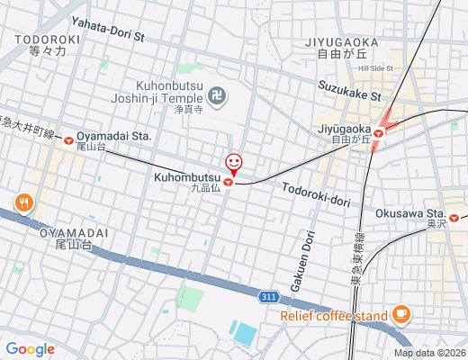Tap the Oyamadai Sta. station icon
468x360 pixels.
[69, 139]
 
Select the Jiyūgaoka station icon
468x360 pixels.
[379, 132]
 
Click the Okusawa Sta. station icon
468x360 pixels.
[455, 217]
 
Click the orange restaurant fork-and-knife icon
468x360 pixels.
[23, 202]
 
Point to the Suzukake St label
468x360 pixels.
[349, 90]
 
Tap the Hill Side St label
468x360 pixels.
[375, 67]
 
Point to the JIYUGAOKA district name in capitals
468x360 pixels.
[365, 41]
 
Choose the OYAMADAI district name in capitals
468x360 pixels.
[75, 232]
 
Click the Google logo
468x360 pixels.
[30, 348]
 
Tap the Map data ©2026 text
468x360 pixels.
[429, 354]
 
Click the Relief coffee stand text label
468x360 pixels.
[333, 315]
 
